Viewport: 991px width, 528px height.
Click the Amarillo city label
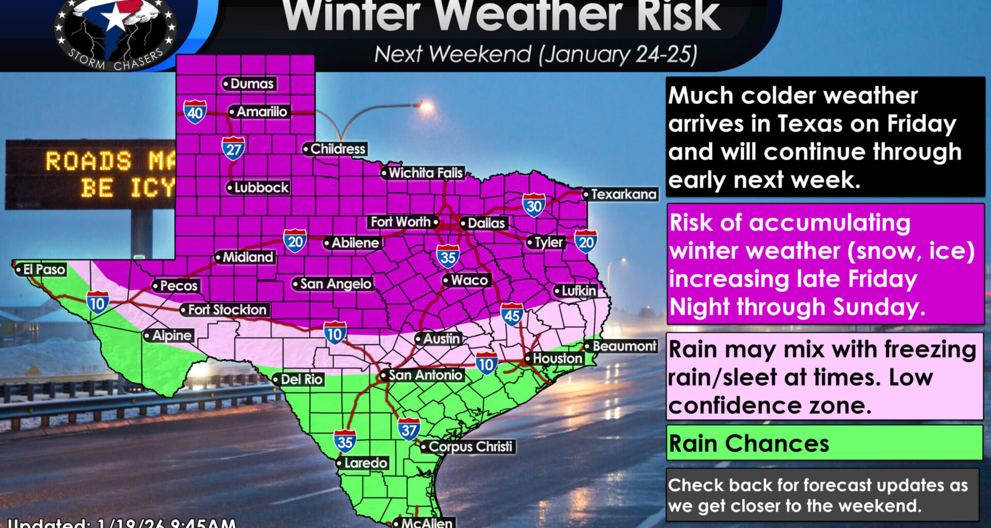coord(259,112)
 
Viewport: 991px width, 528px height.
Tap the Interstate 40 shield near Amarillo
coord(195,112)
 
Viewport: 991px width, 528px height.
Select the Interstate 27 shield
coord(233,148)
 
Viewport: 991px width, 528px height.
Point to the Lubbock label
coord(259,188)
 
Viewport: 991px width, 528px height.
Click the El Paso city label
coord(41,270)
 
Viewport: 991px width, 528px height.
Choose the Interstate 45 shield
coord(512,315)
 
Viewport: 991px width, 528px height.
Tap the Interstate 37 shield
coord(409,429)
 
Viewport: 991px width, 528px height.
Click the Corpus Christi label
coord(468,447)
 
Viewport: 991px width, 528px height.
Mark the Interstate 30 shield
coord(534,205)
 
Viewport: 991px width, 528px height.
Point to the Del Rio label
coord(299,379)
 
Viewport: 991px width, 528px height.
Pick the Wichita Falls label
coord(423,173)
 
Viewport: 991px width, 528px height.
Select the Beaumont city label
coord(622,346)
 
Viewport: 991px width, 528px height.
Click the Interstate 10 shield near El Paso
coord(98,303)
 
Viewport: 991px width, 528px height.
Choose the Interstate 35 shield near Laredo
coord(345,441)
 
